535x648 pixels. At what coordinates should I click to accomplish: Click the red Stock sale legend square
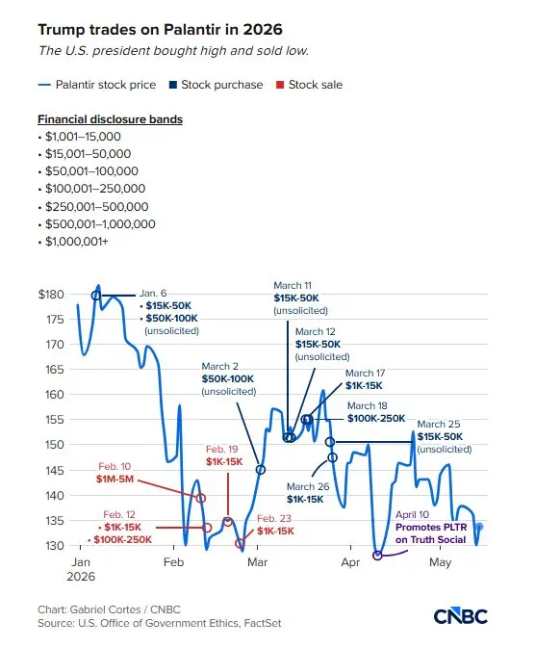(x=280, y=85)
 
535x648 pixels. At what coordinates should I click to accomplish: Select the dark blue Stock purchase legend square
(x=173, y=85)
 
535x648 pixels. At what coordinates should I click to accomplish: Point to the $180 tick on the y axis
(x=51, y=295)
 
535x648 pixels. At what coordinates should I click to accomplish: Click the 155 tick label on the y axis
(x=55, y=420)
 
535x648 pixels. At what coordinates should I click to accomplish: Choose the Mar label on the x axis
(x=257, y=562)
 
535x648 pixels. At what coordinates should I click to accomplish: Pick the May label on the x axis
(x=440, y=562)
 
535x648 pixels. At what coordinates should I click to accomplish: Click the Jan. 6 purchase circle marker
(x=96, y=296)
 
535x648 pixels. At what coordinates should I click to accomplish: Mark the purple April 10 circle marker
(x=377, y=556)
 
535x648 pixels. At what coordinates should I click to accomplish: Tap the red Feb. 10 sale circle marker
(x=201, y=499)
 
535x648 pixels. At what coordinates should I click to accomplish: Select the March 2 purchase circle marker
(x=260, y=470)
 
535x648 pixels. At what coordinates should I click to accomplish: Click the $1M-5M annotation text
(x=115, y=479)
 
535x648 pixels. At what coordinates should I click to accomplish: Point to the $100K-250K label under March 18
(x=376, y=418)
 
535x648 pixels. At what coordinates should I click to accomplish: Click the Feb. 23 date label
(x=274, y=518)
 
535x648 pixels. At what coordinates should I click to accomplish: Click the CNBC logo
(x=461, y=616)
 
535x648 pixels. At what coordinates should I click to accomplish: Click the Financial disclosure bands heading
(x=111, y=119)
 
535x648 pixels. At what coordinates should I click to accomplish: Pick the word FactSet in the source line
(x=263, y=623)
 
